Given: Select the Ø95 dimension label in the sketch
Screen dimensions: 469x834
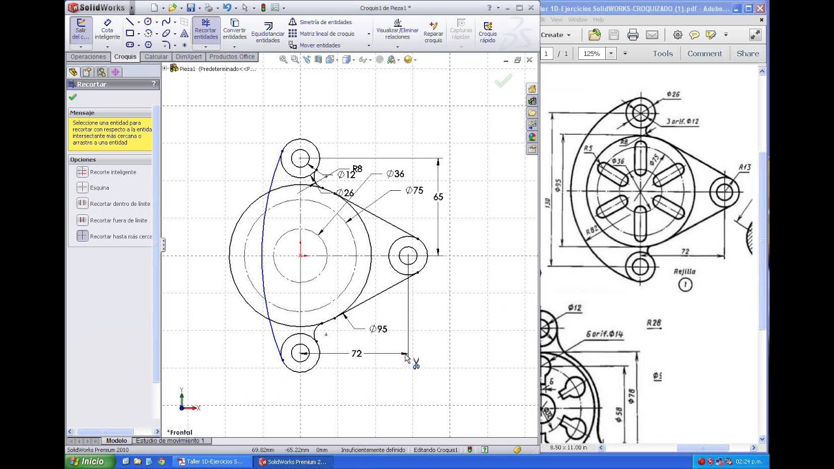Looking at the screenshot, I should pyautogui.click(x=378, y=329).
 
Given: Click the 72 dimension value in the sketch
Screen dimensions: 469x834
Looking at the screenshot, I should pyautogui.click(x=356, y=354).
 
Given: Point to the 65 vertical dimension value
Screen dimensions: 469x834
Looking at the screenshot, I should pyautogui.click(x=438, y=197).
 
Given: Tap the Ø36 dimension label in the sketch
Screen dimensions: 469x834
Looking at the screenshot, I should pyautogui.click(x=395, y=174).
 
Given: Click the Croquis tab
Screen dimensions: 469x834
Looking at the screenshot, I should pyautogui.click(x=125, y=57).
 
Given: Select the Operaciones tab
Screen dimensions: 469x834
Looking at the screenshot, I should pyautogui.click(x=88, y=57).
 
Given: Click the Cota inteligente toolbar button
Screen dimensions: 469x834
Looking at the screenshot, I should pyautogui.click(x=107, y=30).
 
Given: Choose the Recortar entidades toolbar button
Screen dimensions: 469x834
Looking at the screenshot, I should pyautogui.click(x=205, y=30).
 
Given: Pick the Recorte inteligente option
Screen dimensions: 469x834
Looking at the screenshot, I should pyautogui.click(x=113, y=172).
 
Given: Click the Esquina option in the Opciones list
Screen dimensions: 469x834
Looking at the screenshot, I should pyautogui.click(x=99, y=188).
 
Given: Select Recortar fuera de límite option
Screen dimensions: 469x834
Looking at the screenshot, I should pyautogui.click(x=118, y=220).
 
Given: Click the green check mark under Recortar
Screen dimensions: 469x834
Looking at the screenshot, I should pyautogui.click(x=73, y=97).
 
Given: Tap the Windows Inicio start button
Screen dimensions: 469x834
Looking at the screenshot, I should pyautogui.click(x=87, y=461).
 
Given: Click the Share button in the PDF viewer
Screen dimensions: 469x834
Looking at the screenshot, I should pyautogui.click(x=747, y=53).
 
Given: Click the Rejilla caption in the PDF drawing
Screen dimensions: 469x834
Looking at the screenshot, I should pyautogui.click(x=685, y=272).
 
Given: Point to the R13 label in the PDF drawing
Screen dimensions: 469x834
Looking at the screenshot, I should pyautogui.click(x=744, y=167).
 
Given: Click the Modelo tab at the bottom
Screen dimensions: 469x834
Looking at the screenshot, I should pyautogui.click(x=117, y=441).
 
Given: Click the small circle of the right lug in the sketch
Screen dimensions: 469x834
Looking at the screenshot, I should pyautogui.click(x=408, y=255).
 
